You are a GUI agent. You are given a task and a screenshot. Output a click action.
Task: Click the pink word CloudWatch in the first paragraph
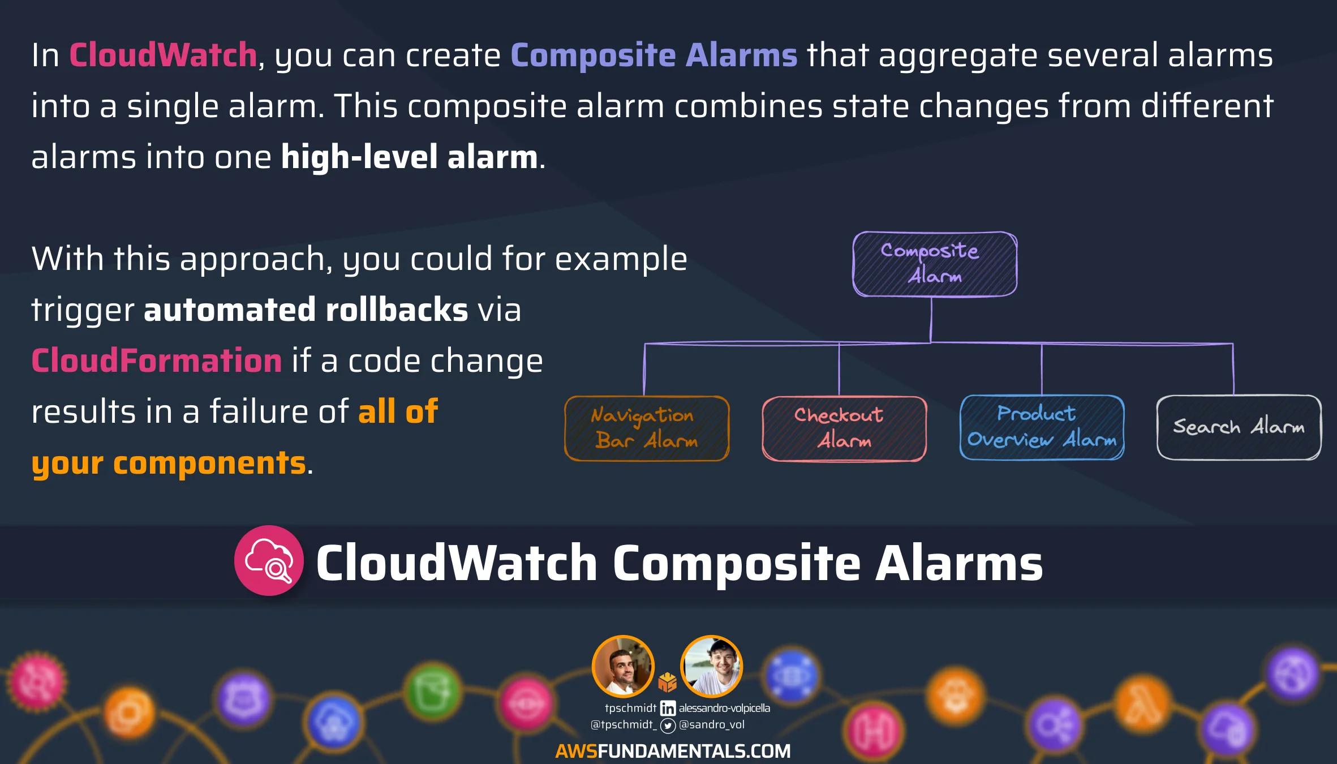(x=163, y=55)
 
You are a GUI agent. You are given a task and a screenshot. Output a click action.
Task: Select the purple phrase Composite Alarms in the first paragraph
(x=654, y=56)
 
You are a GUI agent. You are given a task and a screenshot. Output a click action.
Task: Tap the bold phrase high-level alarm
(x=409, y=157)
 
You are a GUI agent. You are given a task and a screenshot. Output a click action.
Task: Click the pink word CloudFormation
(x=157, y=360)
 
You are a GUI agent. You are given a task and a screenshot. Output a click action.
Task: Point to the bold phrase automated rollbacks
(x=306, y=310)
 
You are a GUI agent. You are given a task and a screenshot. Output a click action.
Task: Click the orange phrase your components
(x=169, y=463)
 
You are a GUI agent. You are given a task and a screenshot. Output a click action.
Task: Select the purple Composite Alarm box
(x=935, y=264)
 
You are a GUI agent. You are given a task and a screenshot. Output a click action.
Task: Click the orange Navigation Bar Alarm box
(x=647, y=428)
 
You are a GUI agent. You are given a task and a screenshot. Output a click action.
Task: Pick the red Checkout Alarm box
(x=844, y=428)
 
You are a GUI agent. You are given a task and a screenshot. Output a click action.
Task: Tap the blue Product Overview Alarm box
(x=1042, y=427)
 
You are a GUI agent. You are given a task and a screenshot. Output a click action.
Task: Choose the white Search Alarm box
(x=1239, y=427)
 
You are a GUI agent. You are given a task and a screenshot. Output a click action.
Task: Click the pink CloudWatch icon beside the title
(x=269, y=560)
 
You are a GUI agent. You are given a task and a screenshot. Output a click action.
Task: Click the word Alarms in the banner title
(x=958, y=563)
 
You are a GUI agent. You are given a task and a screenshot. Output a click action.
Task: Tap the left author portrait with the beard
(x=623, y=666)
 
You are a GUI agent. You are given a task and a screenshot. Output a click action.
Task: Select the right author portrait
(x=711, y=666)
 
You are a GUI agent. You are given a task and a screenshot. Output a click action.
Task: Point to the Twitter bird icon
(x=668, y=726)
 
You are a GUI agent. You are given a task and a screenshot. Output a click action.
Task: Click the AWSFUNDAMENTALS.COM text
(x=673, y=751)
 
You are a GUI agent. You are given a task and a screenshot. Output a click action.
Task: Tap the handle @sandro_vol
(x=712, y=725)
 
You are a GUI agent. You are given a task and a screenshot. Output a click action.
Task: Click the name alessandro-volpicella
(x=724, y=708)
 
